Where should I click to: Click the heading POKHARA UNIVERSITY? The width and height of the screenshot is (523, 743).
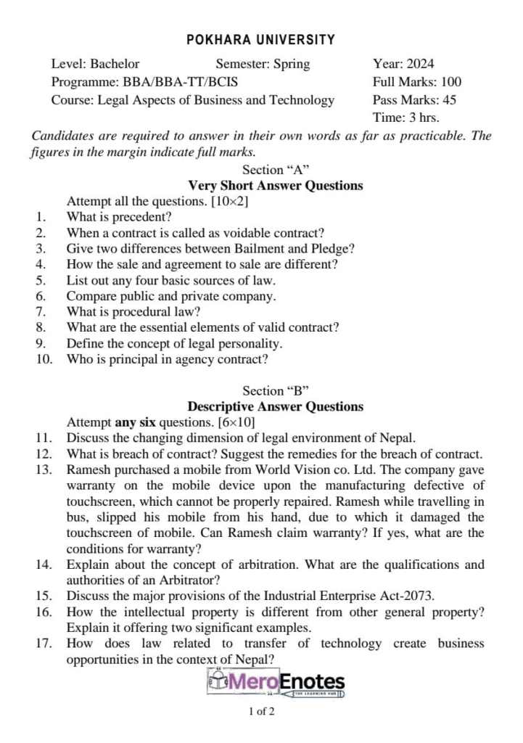click(x=261, y=40)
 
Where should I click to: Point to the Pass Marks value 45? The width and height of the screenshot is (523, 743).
click(x=448, y=100)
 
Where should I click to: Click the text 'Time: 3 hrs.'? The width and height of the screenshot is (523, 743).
click(x=405, y=118)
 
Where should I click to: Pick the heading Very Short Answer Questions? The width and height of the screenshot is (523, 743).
click(x=276, y=186)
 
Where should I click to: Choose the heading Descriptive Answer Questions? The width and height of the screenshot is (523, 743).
click(x=276, y=406)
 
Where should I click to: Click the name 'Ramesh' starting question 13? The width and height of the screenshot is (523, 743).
click(x=88, y=469)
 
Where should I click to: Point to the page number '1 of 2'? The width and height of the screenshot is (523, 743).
click(x=261, y=712)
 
